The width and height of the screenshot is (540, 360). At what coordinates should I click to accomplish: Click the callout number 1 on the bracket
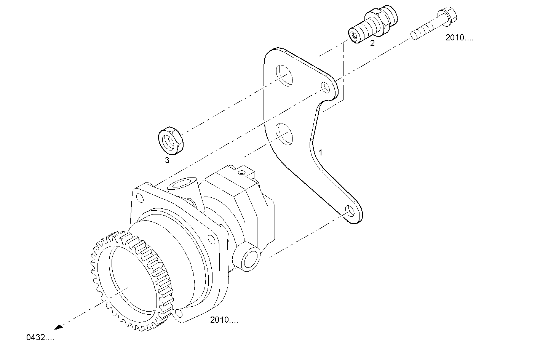(321, 152)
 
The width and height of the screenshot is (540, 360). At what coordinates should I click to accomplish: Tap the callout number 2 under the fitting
(372, 43)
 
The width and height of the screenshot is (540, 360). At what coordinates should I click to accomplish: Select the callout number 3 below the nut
(167, 160)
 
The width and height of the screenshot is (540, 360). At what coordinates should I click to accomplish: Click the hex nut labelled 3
(171, 141)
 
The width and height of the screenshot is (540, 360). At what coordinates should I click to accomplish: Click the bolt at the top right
(434, 24)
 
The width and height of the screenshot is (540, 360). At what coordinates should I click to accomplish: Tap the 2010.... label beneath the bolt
(459, 38)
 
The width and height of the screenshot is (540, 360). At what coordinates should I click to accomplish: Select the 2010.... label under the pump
(224, 320)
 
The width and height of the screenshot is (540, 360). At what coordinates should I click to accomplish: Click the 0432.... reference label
(40, 338)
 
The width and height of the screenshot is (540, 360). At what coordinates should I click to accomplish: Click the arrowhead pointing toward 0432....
(58, 327)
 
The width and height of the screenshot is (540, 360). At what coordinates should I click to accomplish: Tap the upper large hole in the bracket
(284, 74)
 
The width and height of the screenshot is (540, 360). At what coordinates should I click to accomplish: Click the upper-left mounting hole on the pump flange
(140, 198)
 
